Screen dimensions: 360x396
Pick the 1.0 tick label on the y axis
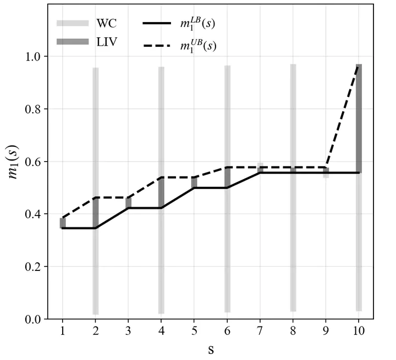pos(36,57)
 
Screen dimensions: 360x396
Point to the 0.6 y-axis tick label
pos(36,162)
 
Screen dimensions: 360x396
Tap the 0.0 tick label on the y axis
pos(36,319)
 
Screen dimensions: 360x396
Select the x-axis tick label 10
pos(359,330)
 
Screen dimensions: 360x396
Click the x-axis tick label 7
pos(260,330)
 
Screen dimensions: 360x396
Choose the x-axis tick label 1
pos(63,330)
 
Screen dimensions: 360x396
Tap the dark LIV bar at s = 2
pos(96,212)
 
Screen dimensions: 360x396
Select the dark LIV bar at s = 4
pos(161,192)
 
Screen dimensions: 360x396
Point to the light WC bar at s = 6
pos(227,247)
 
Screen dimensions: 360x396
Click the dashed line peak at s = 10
pos(359,66)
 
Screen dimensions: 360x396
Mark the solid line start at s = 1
pos(63,228)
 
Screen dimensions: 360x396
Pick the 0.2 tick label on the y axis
pos(36,267)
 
